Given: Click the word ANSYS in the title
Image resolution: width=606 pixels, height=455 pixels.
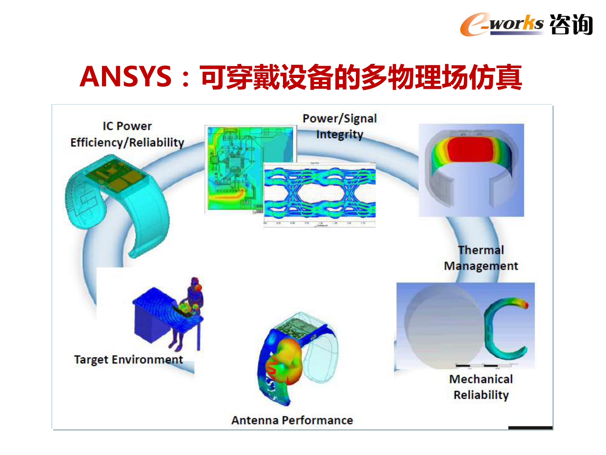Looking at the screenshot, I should pyautogui.click(x=126, y=76).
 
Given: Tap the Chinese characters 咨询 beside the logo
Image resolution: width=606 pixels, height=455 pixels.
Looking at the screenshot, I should pyautogui.click(x=571, y=24).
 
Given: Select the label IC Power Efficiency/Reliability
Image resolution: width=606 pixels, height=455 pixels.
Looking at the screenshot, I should pyautogui.click(x=127, y=134).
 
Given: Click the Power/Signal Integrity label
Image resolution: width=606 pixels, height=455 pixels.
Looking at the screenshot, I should pyautogui.click(x=339, y=126).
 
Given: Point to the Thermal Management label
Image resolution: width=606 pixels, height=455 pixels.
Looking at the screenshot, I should pyautogui.click(x=481, y=258).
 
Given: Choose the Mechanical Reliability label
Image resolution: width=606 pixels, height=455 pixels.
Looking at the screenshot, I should pyautogui.click(x=481, y=387).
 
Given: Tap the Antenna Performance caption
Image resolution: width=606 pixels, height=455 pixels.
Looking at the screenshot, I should pyautogui.click(x=292, y=420).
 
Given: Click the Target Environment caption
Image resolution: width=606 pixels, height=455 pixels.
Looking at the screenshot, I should pyautogui.click(x=128, y=359).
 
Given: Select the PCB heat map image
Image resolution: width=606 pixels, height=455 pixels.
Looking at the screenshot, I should pyautogui.click(x=233, y=168).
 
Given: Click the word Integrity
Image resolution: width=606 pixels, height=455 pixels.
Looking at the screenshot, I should pyautogui.click(x=339, y=135).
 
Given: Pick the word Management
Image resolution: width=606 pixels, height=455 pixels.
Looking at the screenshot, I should pyautogui.click(x=481, y=266).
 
